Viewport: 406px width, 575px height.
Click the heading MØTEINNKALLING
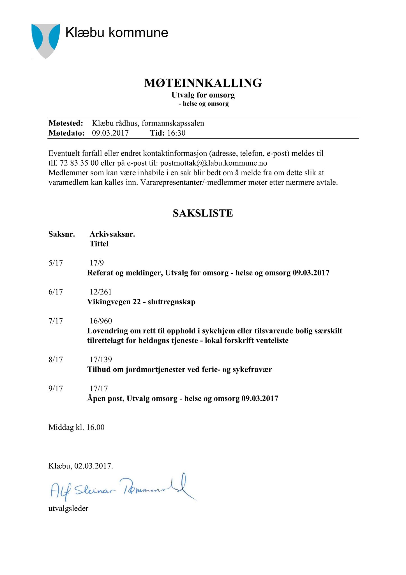[x=203, y=83]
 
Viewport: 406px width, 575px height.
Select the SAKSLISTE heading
[x=203, y=213]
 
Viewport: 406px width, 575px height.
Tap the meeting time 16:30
[x=176, y=133]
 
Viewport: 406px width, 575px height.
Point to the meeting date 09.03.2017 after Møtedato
[x=110, y=133]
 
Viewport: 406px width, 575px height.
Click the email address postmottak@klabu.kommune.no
[x=213, y=163]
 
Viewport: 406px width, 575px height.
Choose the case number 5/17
[x=56, y=263]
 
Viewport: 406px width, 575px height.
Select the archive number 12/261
[x=101, y=292]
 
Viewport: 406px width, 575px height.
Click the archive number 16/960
[x=101, y=321]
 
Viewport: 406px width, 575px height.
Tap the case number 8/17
[x=56, y=360]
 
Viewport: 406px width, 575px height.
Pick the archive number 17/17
[x=99, y=389]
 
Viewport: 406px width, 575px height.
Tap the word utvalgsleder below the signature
[x=68, y=508]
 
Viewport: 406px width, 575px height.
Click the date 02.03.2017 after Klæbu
[x=94, y=466]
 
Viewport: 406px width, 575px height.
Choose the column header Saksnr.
[x=62, y=234]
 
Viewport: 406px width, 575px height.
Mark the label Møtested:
[x=66, y=123]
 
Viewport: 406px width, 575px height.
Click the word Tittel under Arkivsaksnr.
[x=99, y=244]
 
